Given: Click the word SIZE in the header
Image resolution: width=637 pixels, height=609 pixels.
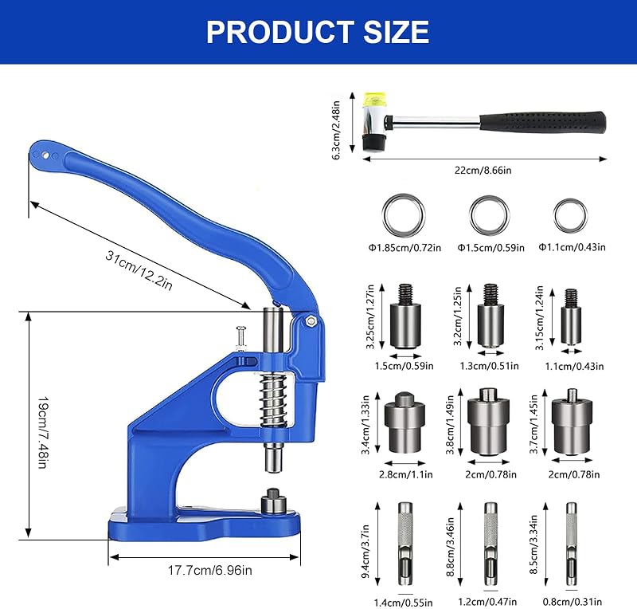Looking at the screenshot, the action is tap(396, 32).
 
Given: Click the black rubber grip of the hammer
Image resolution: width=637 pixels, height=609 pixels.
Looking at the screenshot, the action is tap(543, 122).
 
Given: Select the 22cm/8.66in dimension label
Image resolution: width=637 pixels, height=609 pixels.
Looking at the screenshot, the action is tap(483, 171).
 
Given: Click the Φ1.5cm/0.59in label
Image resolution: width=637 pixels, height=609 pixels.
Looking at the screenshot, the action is tap(490, 248).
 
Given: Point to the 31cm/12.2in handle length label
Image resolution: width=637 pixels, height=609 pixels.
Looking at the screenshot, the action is tap(139, 270).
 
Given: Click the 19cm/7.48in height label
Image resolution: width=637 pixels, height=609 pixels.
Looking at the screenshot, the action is tap(43, 433).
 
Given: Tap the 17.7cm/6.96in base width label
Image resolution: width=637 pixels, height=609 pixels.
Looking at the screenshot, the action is tap(210, 571).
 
